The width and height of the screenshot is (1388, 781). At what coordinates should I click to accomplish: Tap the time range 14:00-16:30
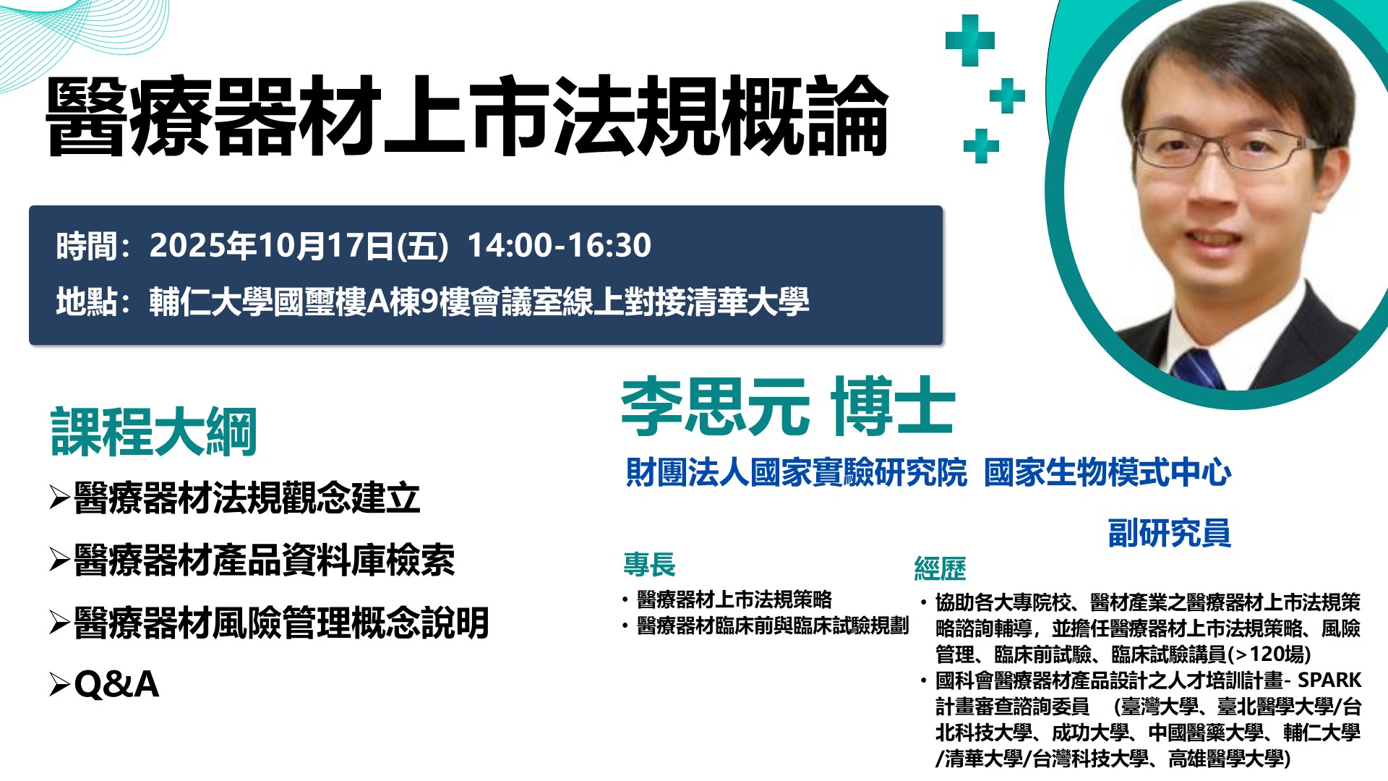click(559, 245)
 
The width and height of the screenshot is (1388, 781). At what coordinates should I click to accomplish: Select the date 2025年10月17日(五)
click(299, 246)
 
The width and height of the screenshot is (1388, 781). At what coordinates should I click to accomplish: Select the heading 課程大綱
click(154, 432)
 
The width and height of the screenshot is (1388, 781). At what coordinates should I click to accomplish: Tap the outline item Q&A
click(116, 684)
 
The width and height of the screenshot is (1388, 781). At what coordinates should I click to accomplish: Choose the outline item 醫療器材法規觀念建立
click(247, 498)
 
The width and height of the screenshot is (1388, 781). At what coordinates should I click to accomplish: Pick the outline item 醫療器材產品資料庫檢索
click(264, 560)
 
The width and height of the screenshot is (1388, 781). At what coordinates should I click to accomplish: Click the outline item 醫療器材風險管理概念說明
click(281, 623)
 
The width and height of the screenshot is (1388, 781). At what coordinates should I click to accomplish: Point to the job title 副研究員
click(1169, 533)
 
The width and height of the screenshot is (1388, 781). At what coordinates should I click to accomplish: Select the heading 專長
click(649, 564)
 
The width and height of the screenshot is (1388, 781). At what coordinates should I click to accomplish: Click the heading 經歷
click(940, 568)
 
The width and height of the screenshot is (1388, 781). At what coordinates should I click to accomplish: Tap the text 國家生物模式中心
click(1108, 472)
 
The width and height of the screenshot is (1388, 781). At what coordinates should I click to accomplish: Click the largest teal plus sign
click(970, 40)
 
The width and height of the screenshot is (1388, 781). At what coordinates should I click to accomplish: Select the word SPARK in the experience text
click(1329, 680)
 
